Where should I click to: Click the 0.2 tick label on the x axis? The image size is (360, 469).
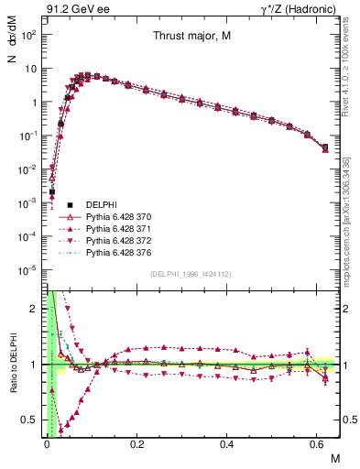coord(137,445)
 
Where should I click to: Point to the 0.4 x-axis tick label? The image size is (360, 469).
coord(228,445)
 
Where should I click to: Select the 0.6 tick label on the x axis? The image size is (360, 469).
coord(319,445)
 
